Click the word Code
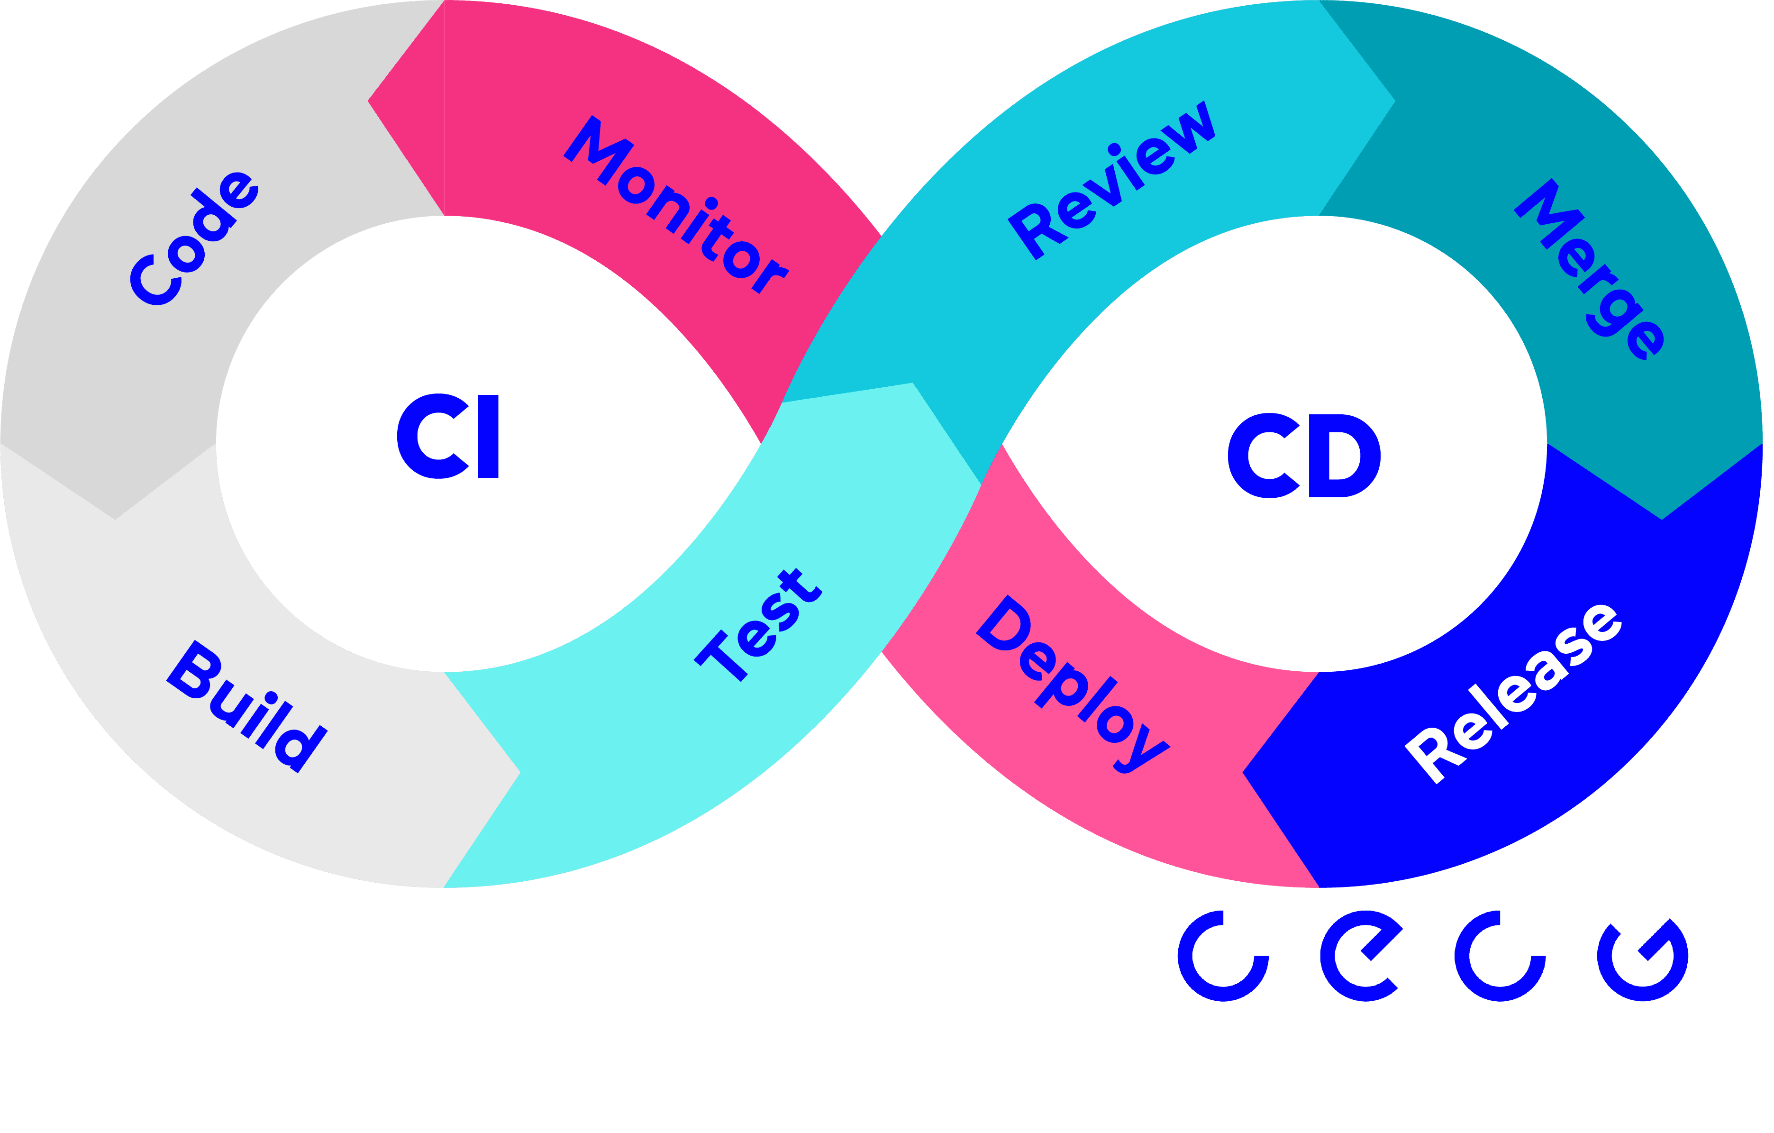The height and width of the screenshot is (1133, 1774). click(194, 237)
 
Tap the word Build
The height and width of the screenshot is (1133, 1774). click(246, 706)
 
